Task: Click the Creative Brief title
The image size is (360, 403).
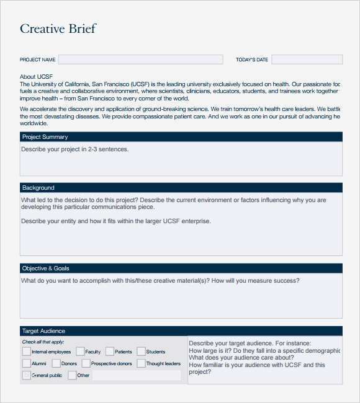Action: point(58,29)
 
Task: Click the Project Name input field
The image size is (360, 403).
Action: point(140,60)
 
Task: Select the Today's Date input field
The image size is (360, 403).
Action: point(307,60)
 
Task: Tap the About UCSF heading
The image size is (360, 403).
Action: point(36,77)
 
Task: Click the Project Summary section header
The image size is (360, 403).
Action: point(45,137)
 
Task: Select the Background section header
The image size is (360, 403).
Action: point(38,188)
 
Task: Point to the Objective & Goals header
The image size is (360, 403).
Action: point(45,268)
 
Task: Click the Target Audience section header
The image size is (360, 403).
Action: point(43,331)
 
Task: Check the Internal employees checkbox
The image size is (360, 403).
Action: point(26,352)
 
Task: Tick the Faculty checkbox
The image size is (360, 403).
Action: point(80,352)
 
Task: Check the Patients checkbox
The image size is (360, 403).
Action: point(110,352)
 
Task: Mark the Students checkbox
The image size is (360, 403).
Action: point(141,352)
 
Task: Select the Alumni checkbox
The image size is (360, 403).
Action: point(26,363)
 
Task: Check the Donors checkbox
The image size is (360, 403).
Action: point(56,363)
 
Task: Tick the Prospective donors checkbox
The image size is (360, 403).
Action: point(86,363)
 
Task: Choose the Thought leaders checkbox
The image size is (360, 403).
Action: point(141,363)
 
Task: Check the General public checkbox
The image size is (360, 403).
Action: point(26,375)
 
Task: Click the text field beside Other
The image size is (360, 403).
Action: point(137,375)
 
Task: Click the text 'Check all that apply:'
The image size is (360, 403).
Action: point(43,342)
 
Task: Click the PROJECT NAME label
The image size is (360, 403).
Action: point(38,60)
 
